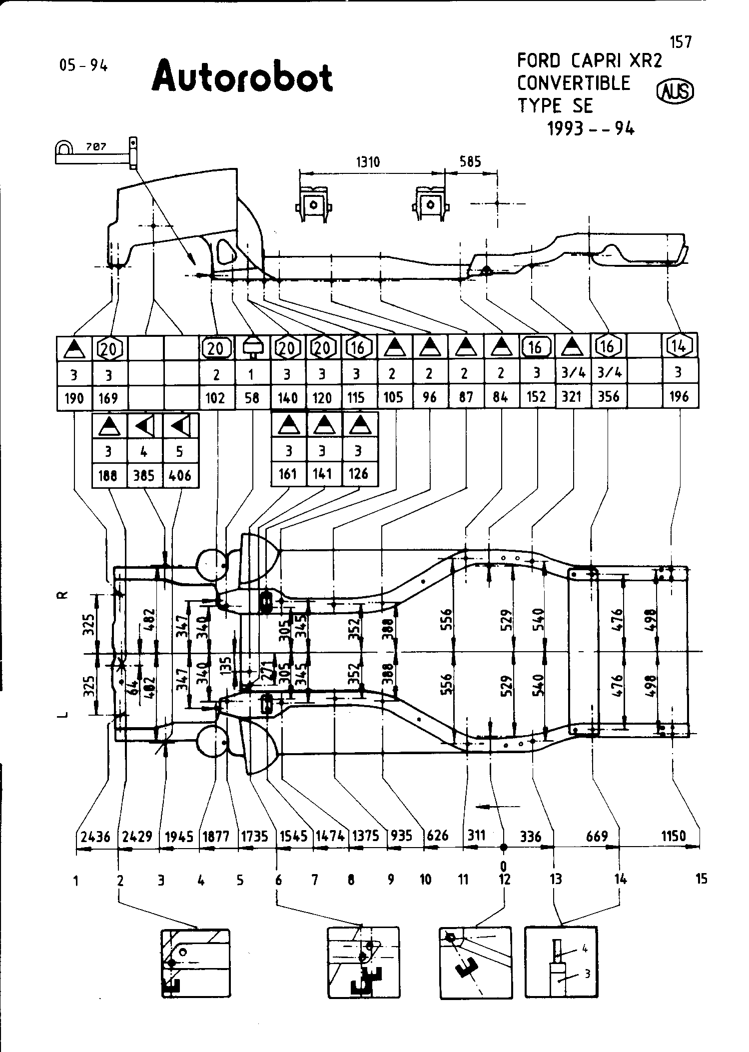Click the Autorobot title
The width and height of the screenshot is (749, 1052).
pyautogui.click(x=242, y=77)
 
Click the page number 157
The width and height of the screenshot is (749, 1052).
pyautogui.click(x=681, y=42)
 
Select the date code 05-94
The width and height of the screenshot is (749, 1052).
pyautogui.click(x=83, y=65)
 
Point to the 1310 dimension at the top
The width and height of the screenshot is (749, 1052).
pyautogui.click(x=368, y=161)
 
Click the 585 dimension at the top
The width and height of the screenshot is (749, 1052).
pyautogui.click(x=470, y=161)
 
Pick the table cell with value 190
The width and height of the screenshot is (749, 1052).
pyautogui.click(x=74, y=398)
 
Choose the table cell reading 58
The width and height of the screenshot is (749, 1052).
pyautogui.click(x=252, y=398)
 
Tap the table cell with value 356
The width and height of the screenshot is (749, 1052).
pyautogui.click(x=608, y=396)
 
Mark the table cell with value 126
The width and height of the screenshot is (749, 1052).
pyautogui.click(x=359, y=473)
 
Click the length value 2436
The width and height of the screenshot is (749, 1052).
pyautogui.click(x=95, y=837)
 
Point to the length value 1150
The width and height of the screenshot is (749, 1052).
pyautogui.click(x=673, y=836)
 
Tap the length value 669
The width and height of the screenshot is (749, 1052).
pyautogui.click(x=597, y=836)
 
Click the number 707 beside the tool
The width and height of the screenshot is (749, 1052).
pyautogui.click(x=96, y=147)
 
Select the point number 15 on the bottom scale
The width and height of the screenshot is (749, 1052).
pyautogui.click(x=701, y=879)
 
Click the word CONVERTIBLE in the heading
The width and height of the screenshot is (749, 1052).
pyautogui.click(x=574, y=83)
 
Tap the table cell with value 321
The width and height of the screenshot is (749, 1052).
pyautogui.click(x=572, y=396)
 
